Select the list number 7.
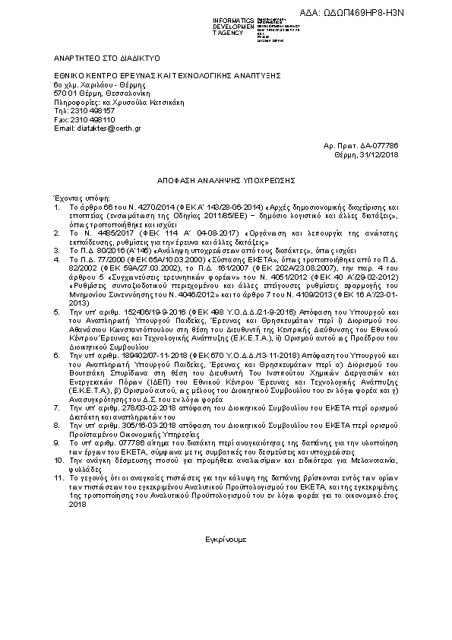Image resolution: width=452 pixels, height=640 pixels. [x=56, y=408]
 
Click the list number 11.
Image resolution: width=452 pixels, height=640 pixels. [x=58, y=477]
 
